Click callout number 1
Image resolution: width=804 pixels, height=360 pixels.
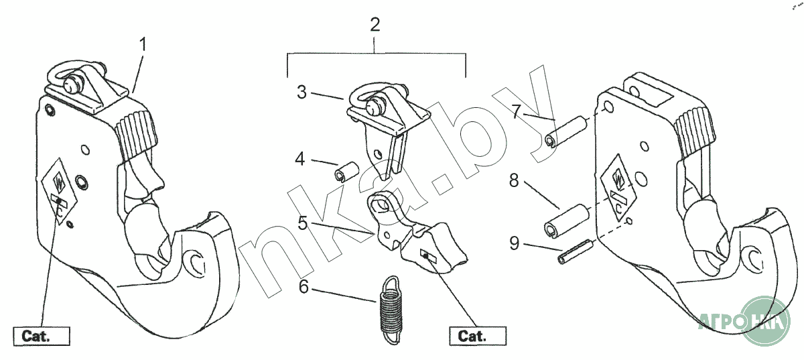point(143,46)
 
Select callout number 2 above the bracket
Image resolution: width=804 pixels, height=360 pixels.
point(375,25)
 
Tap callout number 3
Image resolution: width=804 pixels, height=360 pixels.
point(302,93)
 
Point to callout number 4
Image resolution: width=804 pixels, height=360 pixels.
point(301,160)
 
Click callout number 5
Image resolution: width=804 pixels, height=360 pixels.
point(303,223)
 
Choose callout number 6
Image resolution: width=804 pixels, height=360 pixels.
point(304,287)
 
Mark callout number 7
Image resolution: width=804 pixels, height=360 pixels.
point(515,111)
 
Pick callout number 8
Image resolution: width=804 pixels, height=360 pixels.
point(514,181)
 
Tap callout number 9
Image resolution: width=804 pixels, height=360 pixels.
point(514,243)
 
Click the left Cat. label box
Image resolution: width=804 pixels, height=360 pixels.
point(41,335)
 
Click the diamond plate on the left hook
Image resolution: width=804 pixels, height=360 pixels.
point(59,191)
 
